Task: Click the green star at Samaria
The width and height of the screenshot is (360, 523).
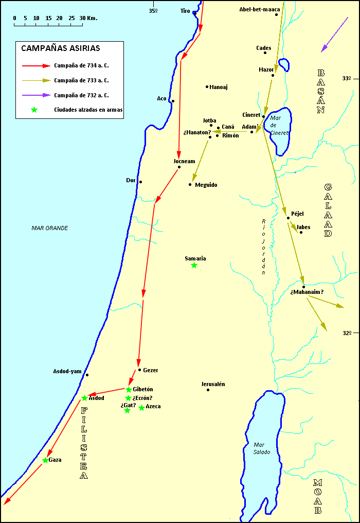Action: point(194,265)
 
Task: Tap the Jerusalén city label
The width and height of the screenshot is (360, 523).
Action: point(213,384)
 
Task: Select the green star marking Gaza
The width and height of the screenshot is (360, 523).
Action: point(45,460)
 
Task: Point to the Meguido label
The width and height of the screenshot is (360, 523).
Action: point(206,185)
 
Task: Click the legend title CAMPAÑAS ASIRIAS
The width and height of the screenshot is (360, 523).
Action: point(61,48)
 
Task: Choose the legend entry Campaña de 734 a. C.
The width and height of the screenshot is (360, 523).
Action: point(81,66)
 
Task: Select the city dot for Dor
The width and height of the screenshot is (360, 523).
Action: point(140,182)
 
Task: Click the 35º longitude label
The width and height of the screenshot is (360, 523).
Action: point(153,10)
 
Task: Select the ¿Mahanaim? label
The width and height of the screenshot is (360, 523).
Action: point(307,292)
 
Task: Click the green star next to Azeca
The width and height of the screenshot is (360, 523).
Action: point(141,408)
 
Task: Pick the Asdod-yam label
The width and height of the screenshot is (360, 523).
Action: point(67,371)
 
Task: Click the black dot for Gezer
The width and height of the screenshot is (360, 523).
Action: point(139,370)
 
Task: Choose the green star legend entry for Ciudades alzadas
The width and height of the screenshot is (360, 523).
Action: point(34,110)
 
